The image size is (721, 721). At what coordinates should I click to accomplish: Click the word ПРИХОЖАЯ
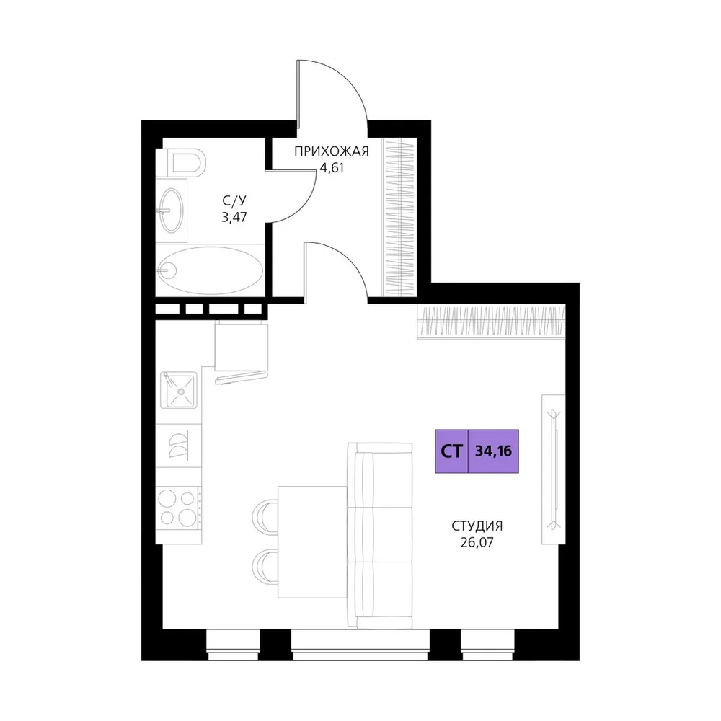click(332, 151)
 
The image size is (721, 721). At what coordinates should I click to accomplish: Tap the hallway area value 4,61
click(332, 168)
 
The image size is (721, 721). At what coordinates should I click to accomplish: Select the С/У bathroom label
click(234, 200)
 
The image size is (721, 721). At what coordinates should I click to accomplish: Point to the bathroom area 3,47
click(234, 217)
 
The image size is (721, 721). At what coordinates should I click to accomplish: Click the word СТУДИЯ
click(477, 526)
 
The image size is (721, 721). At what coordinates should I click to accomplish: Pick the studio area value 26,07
click(477, 543)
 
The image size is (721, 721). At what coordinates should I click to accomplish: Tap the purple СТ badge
click(451, 451)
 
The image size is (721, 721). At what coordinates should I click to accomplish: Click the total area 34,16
click(493, 451)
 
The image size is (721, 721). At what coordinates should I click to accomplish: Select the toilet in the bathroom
click(181, 162)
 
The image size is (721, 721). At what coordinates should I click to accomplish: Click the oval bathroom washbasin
click(172, 210)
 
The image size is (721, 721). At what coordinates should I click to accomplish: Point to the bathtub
click(210, 270)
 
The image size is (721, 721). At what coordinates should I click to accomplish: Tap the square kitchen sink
click(179, 390)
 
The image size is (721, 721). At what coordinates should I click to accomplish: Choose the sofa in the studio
click(380, 536)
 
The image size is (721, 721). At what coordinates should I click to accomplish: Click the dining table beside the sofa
click(313, 542)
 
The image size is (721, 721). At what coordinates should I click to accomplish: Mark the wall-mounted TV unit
click(554, 469)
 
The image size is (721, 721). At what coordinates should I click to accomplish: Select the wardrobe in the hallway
click(399, 217)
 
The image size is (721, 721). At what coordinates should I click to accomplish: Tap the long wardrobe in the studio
click(491, 322)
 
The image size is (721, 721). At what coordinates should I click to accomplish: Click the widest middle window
click(360, 645)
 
